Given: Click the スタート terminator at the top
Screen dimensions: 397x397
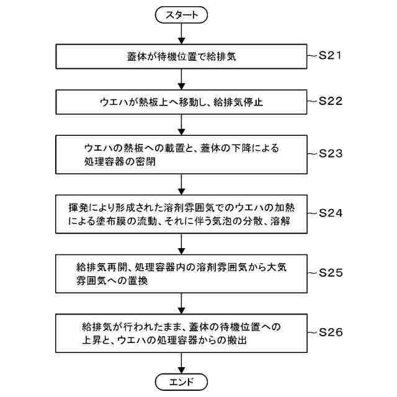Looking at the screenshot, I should click(x=181, y=15).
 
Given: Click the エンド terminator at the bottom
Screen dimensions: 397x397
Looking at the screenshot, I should click(x=181, y=380).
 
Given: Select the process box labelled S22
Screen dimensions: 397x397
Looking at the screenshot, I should click(x=181, y=102).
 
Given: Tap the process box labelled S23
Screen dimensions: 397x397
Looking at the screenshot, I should click(x=181, y=154).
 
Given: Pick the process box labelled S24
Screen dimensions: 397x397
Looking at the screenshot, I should click(x=181, y=212).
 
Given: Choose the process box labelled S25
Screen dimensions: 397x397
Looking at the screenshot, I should click(x=181, y=273).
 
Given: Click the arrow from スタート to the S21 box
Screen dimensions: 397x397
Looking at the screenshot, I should click(x=181, y=33).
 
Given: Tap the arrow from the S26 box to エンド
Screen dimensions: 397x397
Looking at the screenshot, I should click(x=181, y=361).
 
